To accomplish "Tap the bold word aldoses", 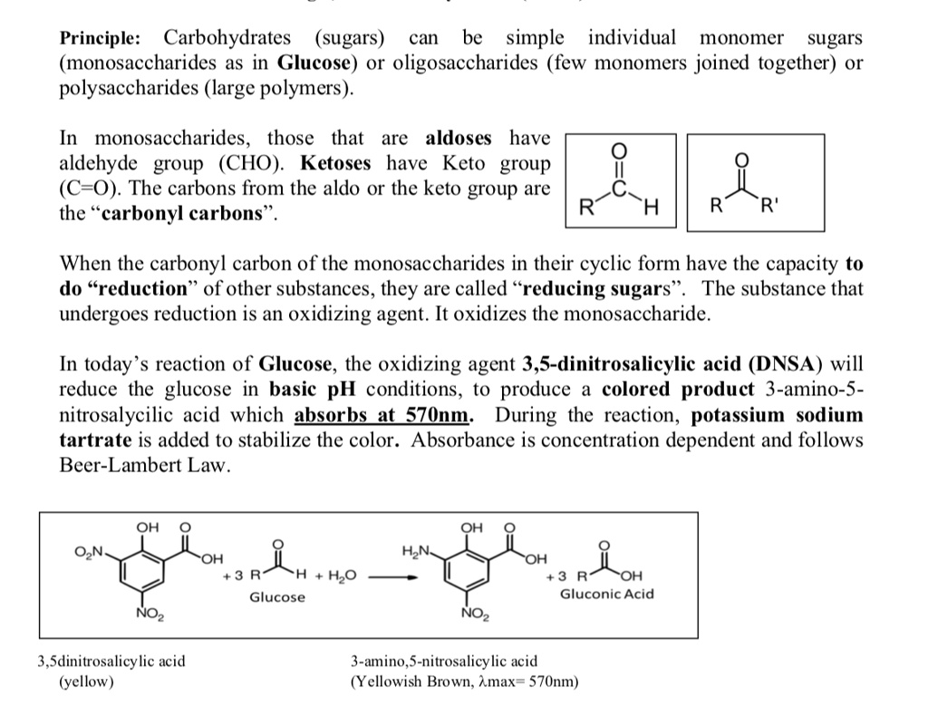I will coord(458,139).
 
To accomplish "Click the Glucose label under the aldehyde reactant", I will coord(277,597).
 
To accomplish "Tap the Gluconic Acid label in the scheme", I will coord(606,595).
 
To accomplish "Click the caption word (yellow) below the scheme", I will coord(87,681).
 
